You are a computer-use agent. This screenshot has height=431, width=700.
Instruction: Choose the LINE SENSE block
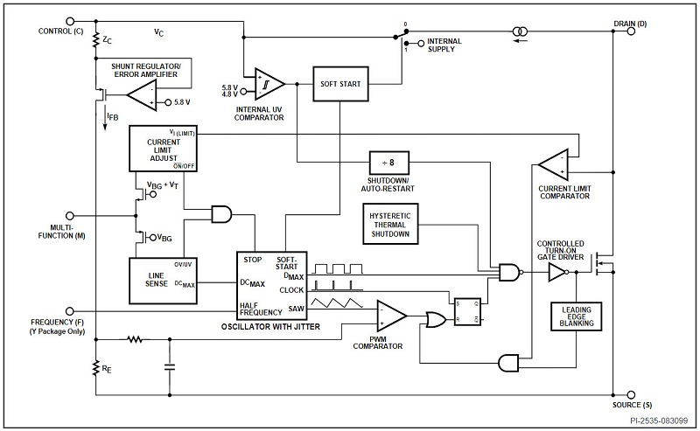(157, 278)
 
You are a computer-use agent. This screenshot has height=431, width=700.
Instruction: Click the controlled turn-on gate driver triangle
(556, 273)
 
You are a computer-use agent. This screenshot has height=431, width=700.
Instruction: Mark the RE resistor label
(106, 369)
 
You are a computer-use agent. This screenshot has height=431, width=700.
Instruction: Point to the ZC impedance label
(106, 39)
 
